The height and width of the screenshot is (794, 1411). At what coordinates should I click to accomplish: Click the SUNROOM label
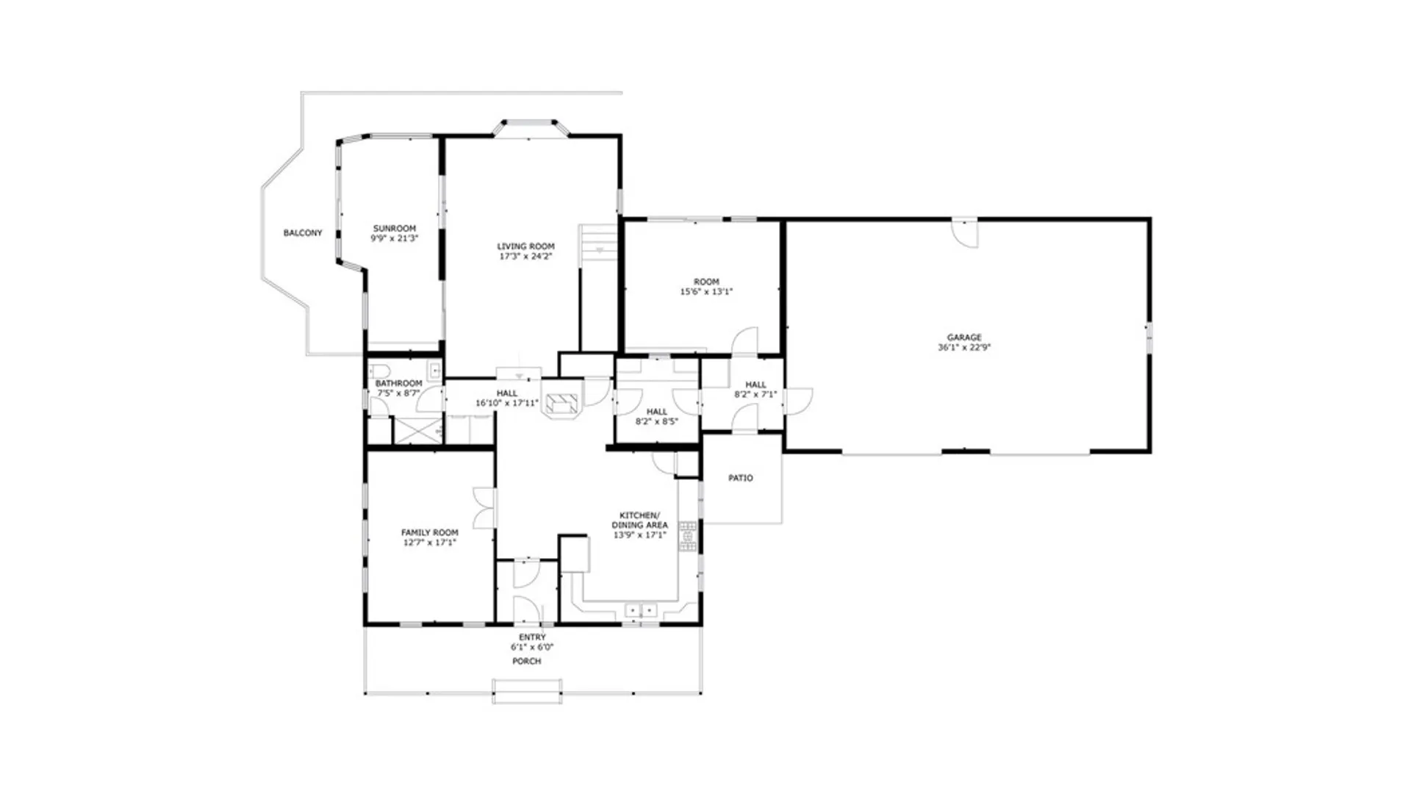point(394,229)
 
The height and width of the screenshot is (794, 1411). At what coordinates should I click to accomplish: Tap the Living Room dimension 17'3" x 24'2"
point(525,257)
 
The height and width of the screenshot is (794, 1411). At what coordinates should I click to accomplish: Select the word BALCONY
point(303,233)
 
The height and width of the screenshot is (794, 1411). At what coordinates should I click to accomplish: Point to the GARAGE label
point(963,337)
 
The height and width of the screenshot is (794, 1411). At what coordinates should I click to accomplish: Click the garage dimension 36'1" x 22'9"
point(963,348)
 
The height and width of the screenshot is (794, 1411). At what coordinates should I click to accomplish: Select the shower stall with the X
point(417,430)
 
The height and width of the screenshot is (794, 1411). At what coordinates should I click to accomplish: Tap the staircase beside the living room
point(599,246)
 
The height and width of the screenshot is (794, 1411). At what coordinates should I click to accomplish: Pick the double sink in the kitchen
point(641,610)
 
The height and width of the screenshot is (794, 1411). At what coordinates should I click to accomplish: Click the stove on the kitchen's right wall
point(688,537)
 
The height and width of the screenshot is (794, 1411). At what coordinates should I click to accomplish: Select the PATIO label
point(740,478)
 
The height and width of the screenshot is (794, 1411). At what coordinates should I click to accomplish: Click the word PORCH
point(526,662)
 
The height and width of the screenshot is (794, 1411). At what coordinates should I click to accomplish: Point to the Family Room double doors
point(484,508)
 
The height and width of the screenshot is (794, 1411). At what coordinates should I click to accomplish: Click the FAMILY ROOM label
point(429,532)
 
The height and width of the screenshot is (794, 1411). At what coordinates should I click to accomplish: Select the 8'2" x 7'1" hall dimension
point(755,395)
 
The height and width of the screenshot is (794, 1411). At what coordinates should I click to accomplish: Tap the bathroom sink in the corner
point(434,370)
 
